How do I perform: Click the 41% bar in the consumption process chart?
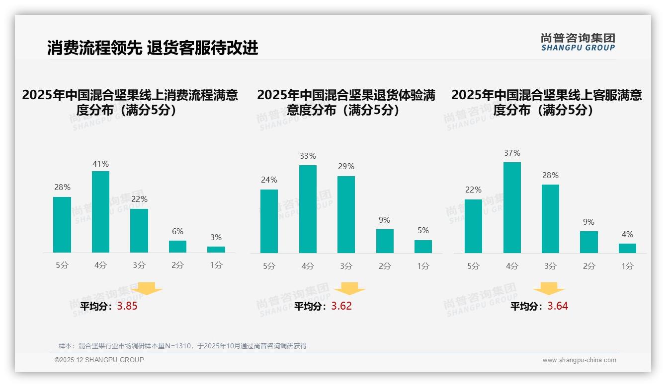(x=100, y=212)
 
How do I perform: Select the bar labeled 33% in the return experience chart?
(x=308, y=209)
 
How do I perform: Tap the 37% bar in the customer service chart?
(x=512, y=207)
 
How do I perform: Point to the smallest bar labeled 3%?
(x=216, y=250)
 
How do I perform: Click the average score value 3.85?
(x=127, y=306)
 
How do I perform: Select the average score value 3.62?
(x=341, y=306)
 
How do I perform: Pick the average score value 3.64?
(x=558, y=306)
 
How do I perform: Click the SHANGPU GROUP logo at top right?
(x=578, y=42)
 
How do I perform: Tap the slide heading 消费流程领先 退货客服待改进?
(x=153, y=48)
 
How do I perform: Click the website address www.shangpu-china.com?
(x=579, y=360)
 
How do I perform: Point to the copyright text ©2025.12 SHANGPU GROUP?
(x=99, y=360)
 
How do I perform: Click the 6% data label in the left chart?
(x=177, y=231)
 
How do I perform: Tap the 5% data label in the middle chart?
(x=423, y=230)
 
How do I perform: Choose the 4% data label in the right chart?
(x=627, y=234)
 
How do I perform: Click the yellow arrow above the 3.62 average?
(x=349, y=288)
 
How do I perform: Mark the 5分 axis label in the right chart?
(x=473, y=266)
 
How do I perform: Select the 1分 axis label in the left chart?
(x=216, y=265)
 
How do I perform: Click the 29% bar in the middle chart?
(x=346, y=214)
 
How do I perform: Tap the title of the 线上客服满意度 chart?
(x=546, y=102)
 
